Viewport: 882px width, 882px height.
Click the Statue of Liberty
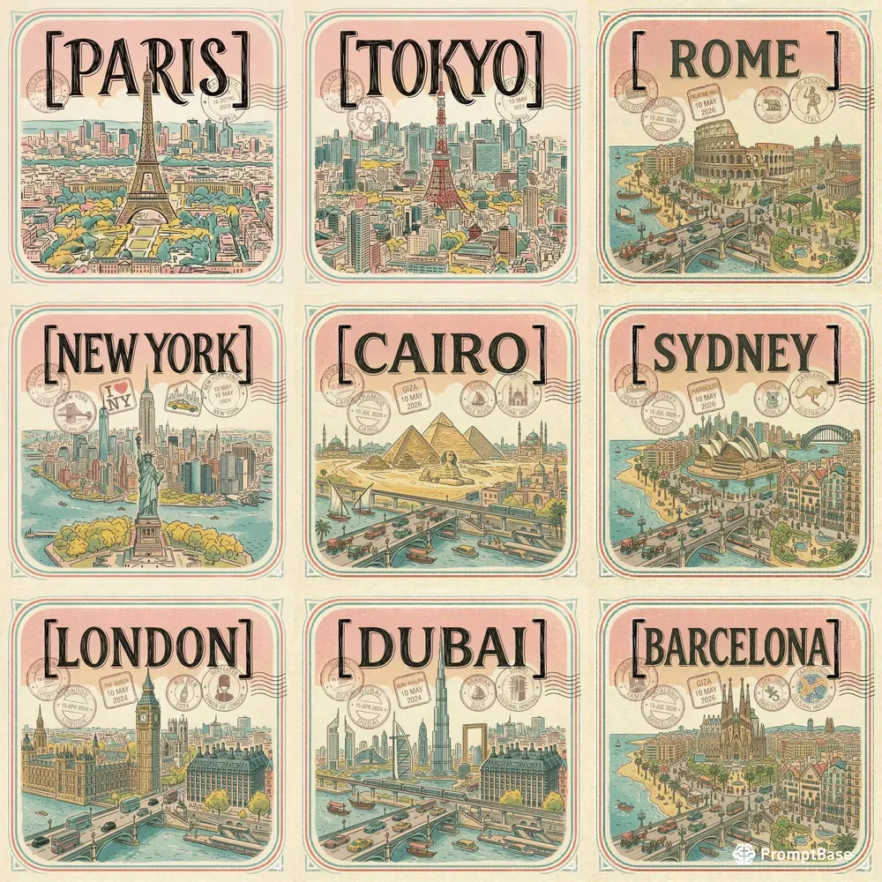tap(148, 476)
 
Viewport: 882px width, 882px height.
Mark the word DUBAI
tap(438, 647)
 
